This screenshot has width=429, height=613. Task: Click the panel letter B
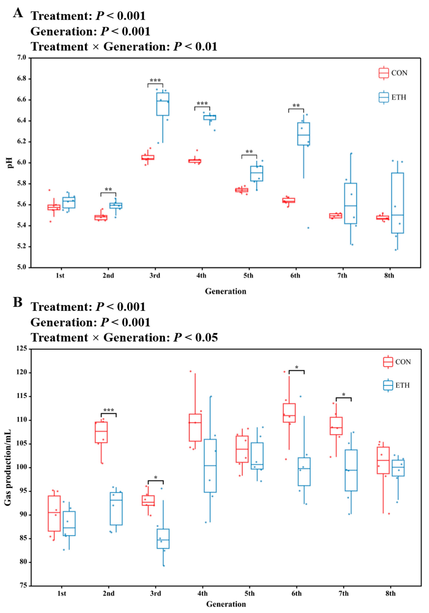pos(18,302)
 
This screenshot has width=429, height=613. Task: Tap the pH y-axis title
pos(10,163)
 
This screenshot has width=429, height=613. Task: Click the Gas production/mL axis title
pos(8,467)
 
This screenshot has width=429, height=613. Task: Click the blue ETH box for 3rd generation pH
pos(163,104)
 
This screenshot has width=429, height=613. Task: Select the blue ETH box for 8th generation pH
pos(397,203)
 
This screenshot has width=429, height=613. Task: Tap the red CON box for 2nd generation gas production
pos(101,432)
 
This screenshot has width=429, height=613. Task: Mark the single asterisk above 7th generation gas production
pos(343,395)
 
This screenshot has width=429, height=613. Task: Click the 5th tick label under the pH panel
pos(248,276)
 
